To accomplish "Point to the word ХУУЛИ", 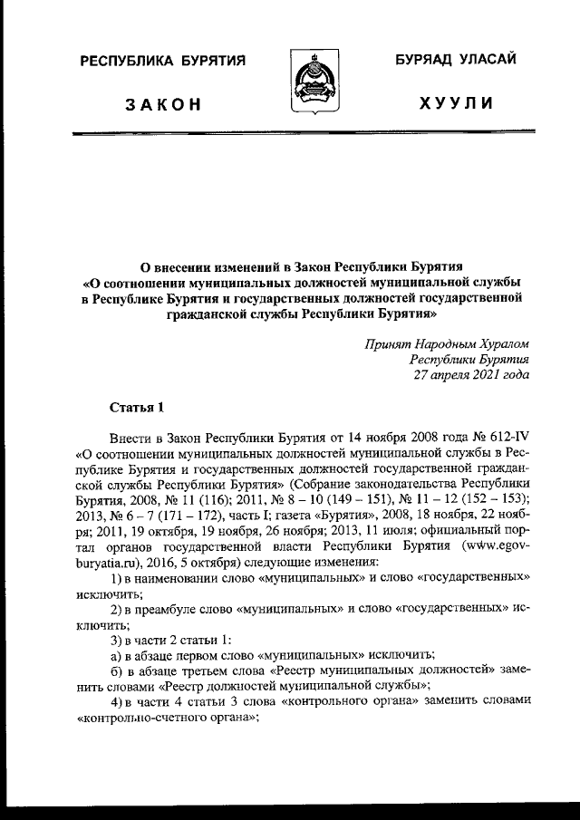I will [x=457, y=104].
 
